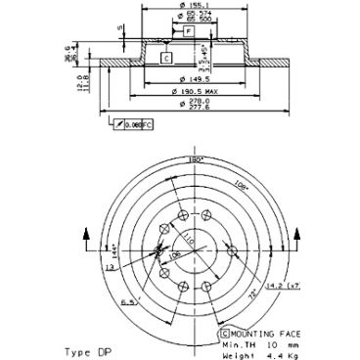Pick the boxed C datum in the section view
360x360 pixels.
point(167,58)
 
